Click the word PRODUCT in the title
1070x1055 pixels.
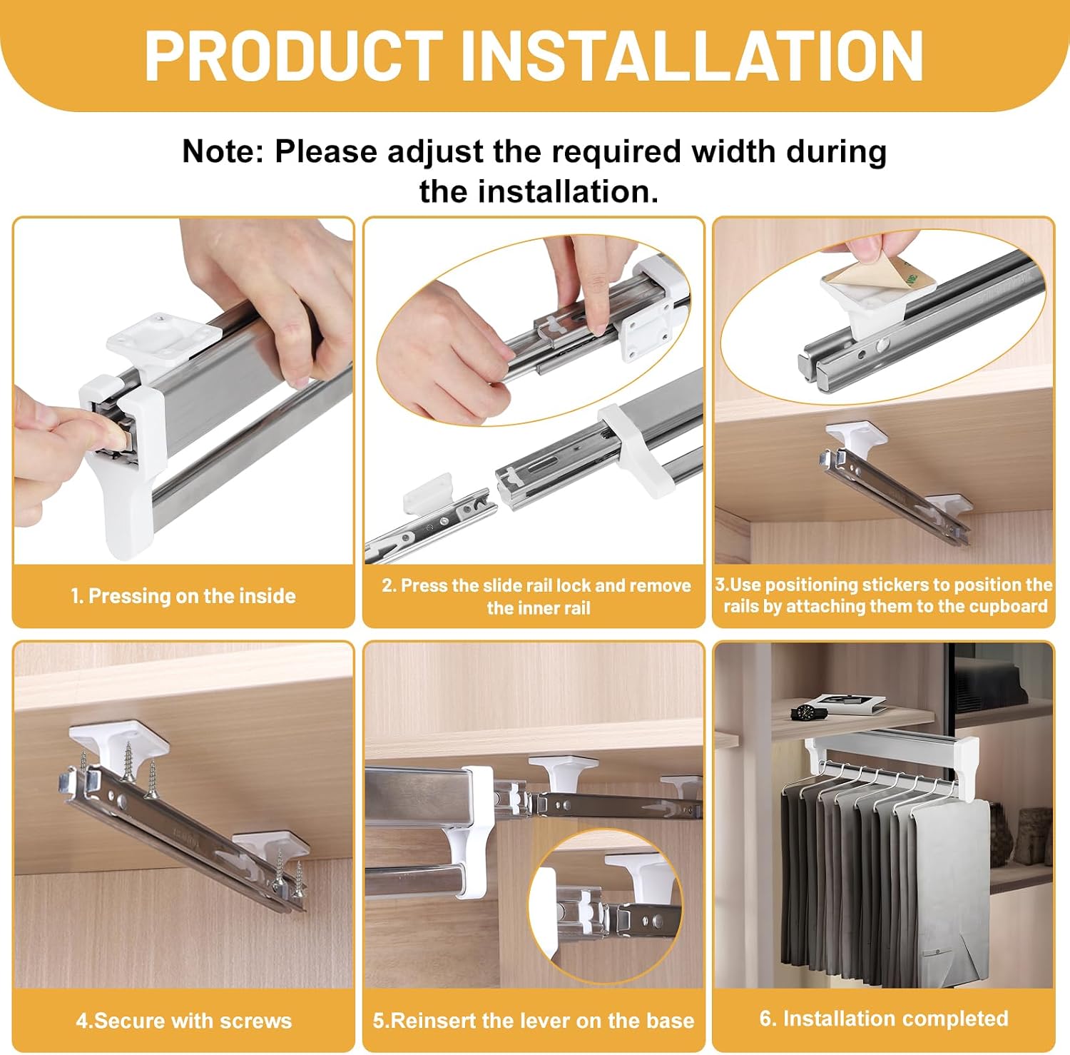click(293, 56)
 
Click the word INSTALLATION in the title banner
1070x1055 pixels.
click(693, 56)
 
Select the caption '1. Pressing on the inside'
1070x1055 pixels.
click(183, 596)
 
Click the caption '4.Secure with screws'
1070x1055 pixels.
click(184, 1021)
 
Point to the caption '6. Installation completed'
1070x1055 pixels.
click(884, 1019)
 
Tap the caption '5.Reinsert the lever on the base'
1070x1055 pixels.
click(533, 1021)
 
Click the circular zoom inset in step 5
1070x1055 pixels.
click(606, 905)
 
